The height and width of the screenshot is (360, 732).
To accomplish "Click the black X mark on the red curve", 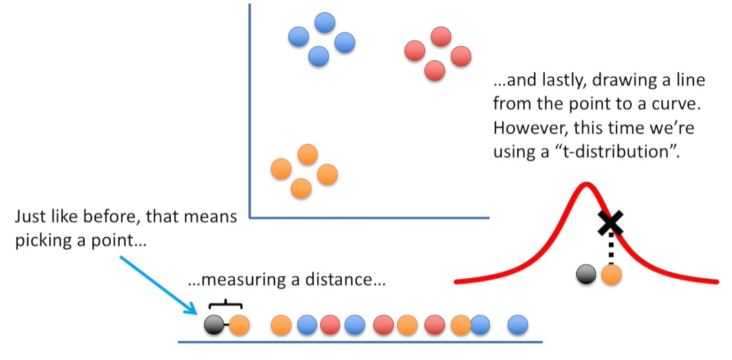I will pyautogui.click(x=610, y=224).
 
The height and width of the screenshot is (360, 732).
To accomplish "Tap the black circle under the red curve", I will pyautogui.click(x=587, y=275).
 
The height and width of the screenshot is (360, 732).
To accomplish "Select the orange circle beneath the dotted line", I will pyautogui.click(x=610, y=275).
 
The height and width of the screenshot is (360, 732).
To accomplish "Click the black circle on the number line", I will pyautogui.click(x=213, y=324).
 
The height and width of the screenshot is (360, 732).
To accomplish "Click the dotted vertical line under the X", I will pyautogui.click(x=610, y=249).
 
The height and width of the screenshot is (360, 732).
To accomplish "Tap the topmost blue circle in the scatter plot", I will pyautogui.click(x=324, y=23).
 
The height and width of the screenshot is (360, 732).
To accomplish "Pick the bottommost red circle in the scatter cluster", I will pyautogui.click(x=435, y=70).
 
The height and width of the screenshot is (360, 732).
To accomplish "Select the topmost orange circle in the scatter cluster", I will pyautogui.click(x=307, y=155).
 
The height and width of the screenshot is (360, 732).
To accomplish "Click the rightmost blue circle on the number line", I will pyautogui.click(x=517, y=324).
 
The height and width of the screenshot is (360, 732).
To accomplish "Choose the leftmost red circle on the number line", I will pyautogui.click(x=330, y=324).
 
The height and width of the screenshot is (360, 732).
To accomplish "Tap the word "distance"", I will pyautogui.click(x=349, y=282).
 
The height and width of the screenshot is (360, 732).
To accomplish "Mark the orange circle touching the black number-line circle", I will pyautogui.click(x=239, y=324).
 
